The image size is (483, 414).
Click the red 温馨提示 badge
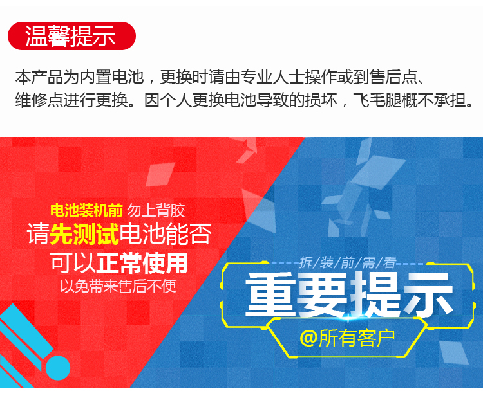click(x=71, y=36)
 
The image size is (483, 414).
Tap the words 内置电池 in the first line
click(x=111, y=77)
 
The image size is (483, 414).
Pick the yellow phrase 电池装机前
click(x=86, y=210)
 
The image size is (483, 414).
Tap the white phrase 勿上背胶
click(x=156, y=210)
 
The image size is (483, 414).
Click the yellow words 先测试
click(x=84, y=234)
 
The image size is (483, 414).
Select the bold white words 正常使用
click(x=142, y=263)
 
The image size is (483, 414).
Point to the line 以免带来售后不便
click(x=118, y=286)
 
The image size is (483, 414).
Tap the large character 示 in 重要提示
click(x=428, y=294)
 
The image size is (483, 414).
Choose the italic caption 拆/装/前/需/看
click(x=348, y=263)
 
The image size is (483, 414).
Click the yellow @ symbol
click(x=308, y=337)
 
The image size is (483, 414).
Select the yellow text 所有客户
click(x=357, y=337)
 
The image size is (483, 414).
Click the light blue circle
click(x=58, y=368)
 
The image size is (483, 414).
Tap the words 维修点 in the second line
click(x=39, y=100)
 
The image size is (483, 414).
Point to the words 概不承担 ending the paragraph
click(x=433, y=100)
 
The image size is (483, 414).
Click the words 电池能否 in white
click(x=166, y=234)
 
